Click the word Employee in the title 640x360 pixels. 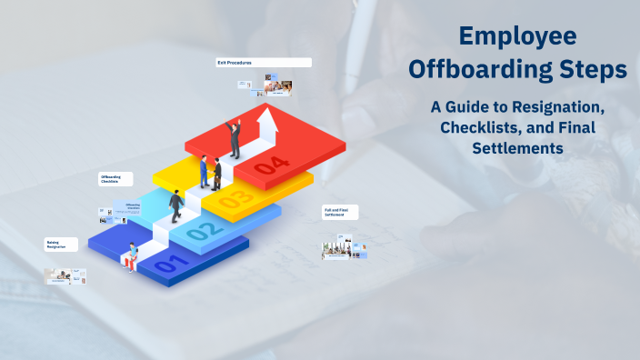click(516, 36)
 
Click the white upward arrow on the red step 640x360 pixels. click(267, 126)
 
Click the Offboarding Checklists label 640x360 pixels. click(115, 179)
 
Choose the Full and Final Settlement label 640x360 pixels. click(341, 214)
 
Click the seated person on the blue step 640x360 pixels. click(134, 257)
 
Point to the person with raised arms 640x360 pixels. click(235, 138)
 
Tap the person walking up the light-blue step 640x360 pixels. click(175, 206)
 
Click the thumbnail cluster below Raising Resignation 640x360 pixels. click(65, 275)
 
